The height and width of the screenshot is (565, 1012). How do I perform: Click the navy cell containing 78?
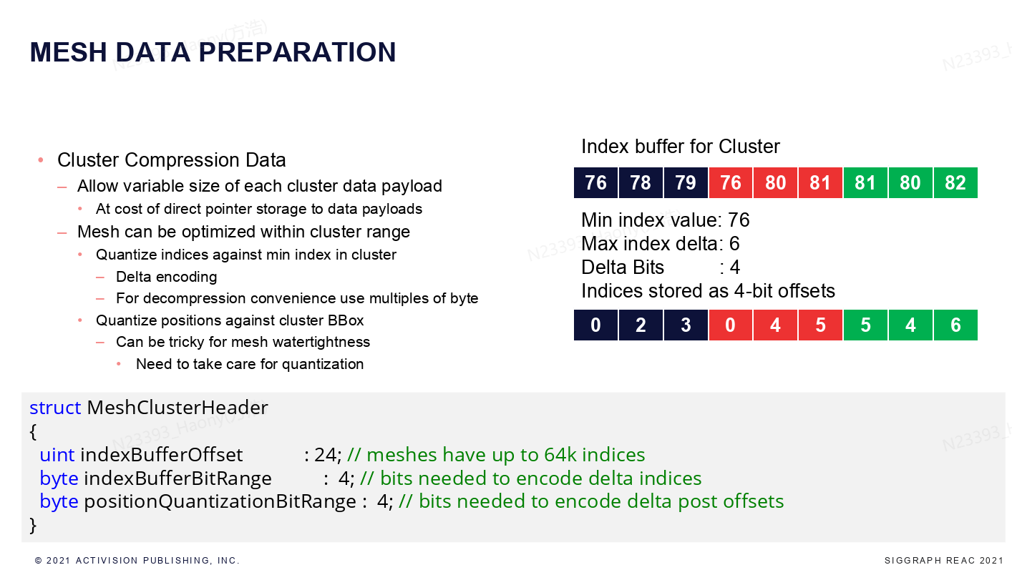(641, 183)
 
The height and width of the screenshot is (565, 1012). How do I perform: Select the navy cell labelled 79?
(686, 183)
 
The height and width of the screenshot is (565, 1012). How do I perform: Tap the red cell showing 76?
(731, 183)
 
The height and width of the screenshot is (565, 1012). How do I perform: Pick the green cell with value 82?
(955, 183)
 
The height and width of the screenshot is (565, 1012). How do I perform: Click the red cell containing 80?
(775, 183)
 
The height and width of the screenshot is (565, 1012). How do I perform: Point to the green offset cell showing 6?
(955, 325)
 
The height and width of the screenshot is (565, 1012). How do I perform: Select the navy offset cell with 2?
(641, 325)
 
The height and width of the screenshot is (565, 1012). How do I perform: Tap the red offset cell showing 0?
(731, 325)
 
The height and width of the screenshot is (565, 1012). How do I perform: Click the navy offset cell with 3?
(686, 325)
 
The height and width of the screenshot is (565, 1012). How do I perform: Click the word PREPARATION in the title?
(297, 52)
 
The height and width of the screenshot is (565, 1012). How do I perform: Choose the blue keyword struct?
(55, 408)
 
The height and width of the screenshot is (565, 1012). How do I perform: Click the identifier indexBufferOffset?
(161, 455)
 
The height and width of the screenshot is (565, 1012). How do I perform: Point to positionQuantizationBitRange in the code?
(220, 501)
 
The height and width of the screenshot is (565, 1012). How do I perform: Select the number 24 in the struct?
(325, 455)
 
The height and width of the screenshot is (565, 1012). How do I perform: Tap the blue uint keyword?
(57, 455)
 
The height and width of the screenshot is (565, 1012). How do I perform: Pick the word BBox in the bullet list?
(346, 320)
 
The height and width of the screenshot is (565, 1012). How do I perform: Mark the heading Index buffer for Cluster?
(681, 147)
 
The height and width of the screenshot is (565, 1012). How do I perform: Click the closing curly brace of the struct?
(32, 525)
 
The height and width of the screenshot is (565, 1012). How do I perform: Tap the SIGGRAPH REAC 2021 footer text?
(944, 560)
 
